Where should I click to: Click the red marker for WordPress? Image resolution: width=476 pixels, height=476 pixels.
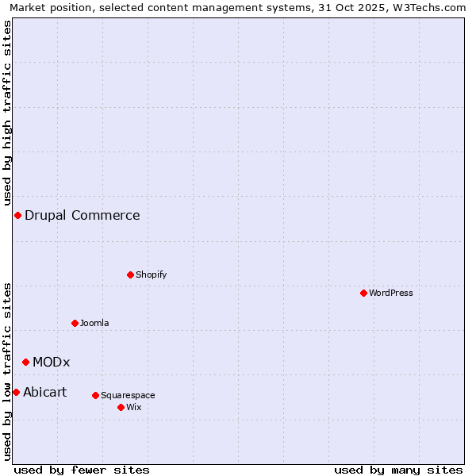(363, 293)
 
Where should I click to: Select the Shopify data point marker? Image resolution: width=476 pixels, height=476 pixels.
(130, 274)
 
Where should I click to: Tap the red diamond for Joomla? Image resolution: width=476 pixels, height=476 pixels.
(75, 323)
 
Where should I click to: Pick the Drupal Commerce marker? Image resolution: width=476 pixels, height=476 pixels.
(17, 215)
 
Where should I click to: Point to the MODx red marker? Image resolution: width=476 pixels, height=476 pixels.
(25, 362)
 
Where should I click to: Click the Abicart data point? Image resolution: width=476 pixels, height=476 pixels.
(16, 392)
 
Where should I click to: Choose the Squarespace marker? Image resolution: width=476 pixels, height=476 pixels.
(95, 395)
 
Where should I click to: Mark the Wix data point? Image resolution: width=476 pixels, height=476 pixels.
(121, 407)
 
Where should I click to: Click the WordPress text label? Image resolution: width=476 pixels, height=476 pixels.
(391, 293)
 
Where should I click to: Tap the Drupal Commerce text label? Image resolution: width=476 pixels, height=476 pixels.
(83, 215)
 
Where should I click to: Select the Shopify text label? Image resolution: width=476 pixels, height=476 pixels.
(152, 274)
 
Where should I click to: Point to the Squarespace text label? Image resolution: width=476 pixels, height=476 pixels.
(128, 395)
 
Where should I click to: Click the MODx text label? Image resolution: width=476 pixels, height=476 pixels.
(52, 362)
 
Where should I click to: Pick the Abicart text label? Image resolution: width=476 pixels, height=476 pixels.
(45, 392)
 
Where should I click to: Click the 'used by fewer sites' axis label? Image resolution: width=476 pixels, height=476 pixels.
(82, 470)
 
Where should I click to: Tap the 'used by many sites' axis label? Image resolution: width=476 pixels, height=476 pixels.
(398, 470)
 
